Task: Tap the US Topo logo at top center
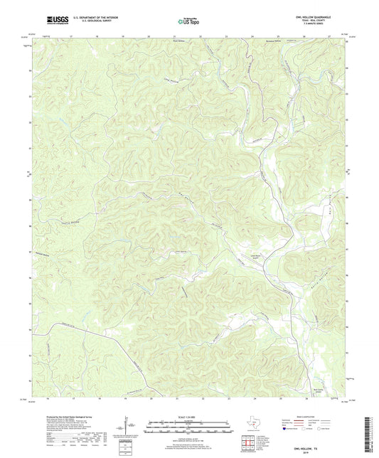pyautogui.click(x=189, y=21)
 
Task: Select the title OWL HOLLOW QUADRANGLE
pyautogui.click(x=325, y=16)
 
